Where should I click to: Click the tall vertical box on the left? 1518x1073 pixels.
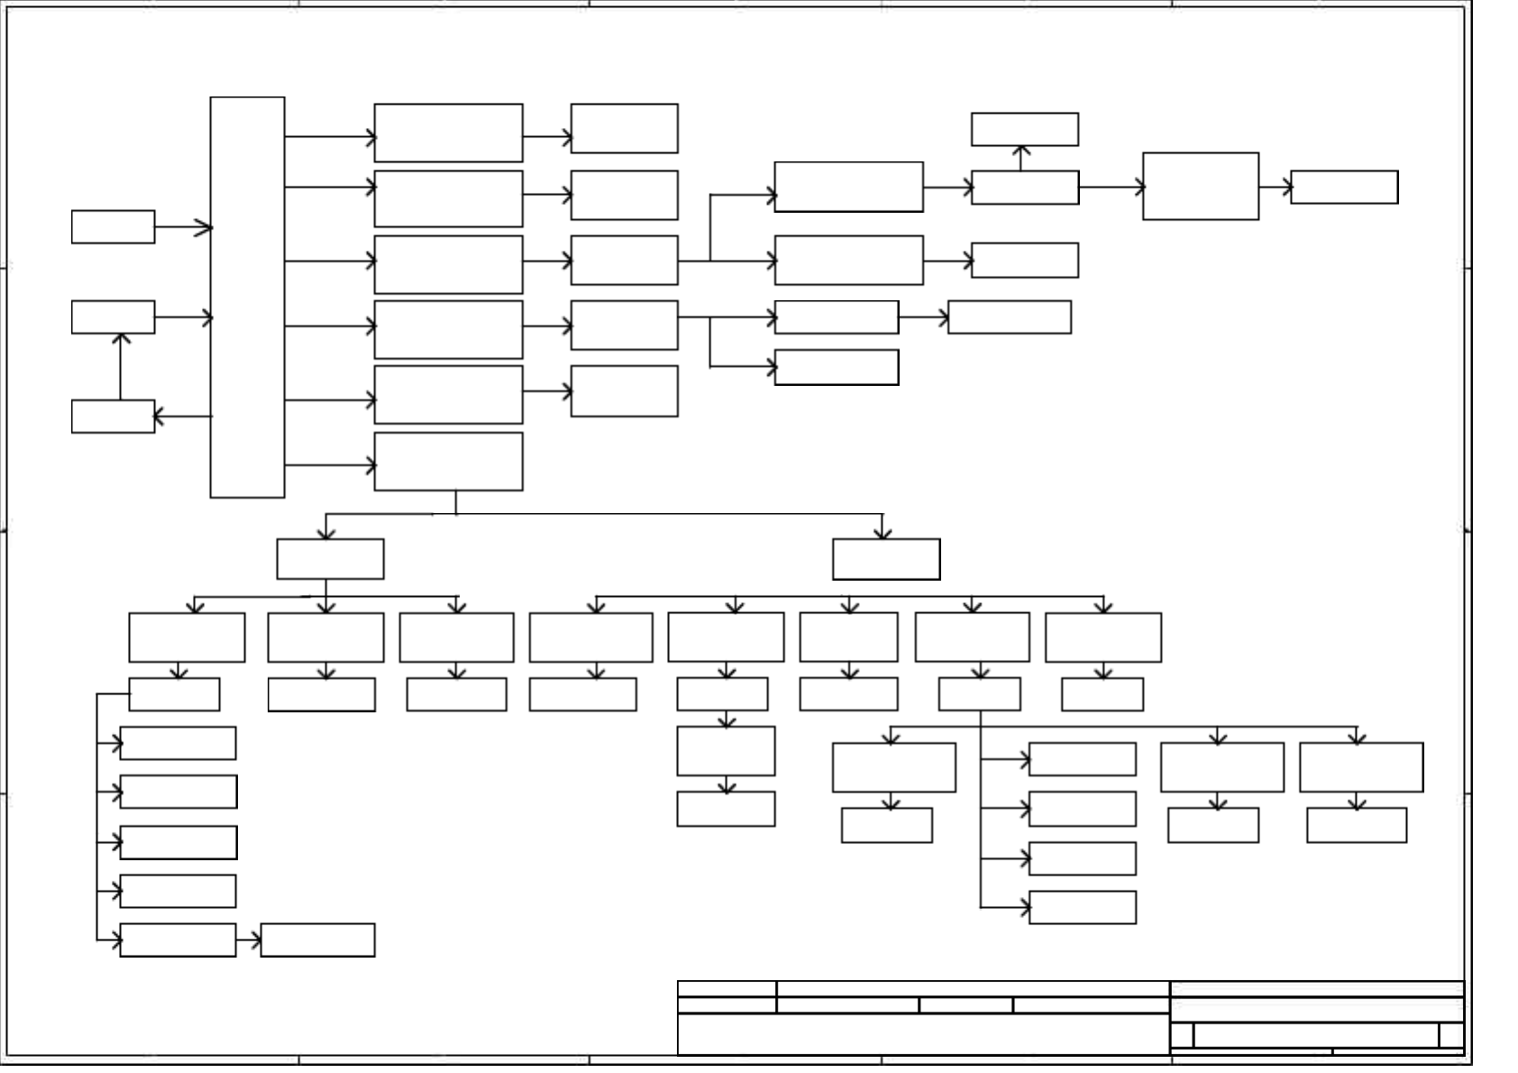(x=247, y=298)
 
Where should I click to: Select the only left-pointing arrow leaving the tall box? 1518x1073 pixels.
(x=183, y=417)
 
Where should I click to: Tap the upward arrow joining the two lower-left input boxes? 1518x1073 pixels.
(x=121, y=366)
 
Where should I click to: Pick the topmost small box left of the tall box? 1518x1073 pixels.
(x=113, y=227)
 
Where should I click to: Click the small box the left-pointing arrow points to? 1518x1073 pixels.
(x=113, y=417)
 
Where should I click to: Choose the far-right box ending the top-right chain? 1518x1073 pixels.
(x=1344, y=188)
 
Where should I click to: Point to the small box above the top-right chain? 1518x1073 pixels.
(x=1024, y=129)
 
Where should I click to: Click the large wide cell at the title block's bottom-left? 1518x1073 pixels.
(x=922, y=1034)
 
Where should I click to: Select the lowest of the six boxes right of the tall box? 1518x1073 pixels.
(x=448, y=462)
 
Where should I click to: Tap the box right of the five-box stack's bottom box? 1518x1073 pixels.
(x=317, y=940)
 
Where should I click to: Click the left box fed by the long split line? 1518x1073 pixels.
(x=330, y=559)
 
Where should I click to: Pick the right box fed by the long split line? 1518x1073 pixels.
(x=886, y=559)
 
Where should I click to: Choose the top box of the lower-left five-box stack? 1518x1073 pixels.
(x=178, y=743)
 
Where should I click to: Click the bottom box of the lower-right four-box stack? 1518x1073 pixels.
(x=1082, y=908)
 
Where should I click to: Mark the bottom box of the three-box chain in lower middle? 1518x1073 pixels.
(x=726, y=809)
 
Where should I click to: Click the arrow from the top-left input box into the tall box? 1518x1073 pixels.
(x=183, y=227)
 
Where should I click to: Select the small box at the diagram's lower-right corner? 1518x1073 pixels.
(x=1356, y=825)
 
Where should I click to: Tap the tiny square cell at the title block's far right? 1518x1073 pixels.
(x=1451, y=1035)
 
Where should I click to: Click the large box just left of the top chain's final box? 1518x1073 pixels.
(x=1200, y=187)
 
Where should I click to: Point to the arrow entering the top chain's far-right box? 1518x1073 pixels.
(x=1275, y=188)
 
